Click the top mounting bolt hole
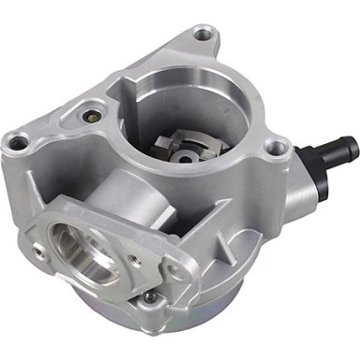[x=203, y=36]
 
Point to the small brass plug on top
[x=90, y=119]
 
